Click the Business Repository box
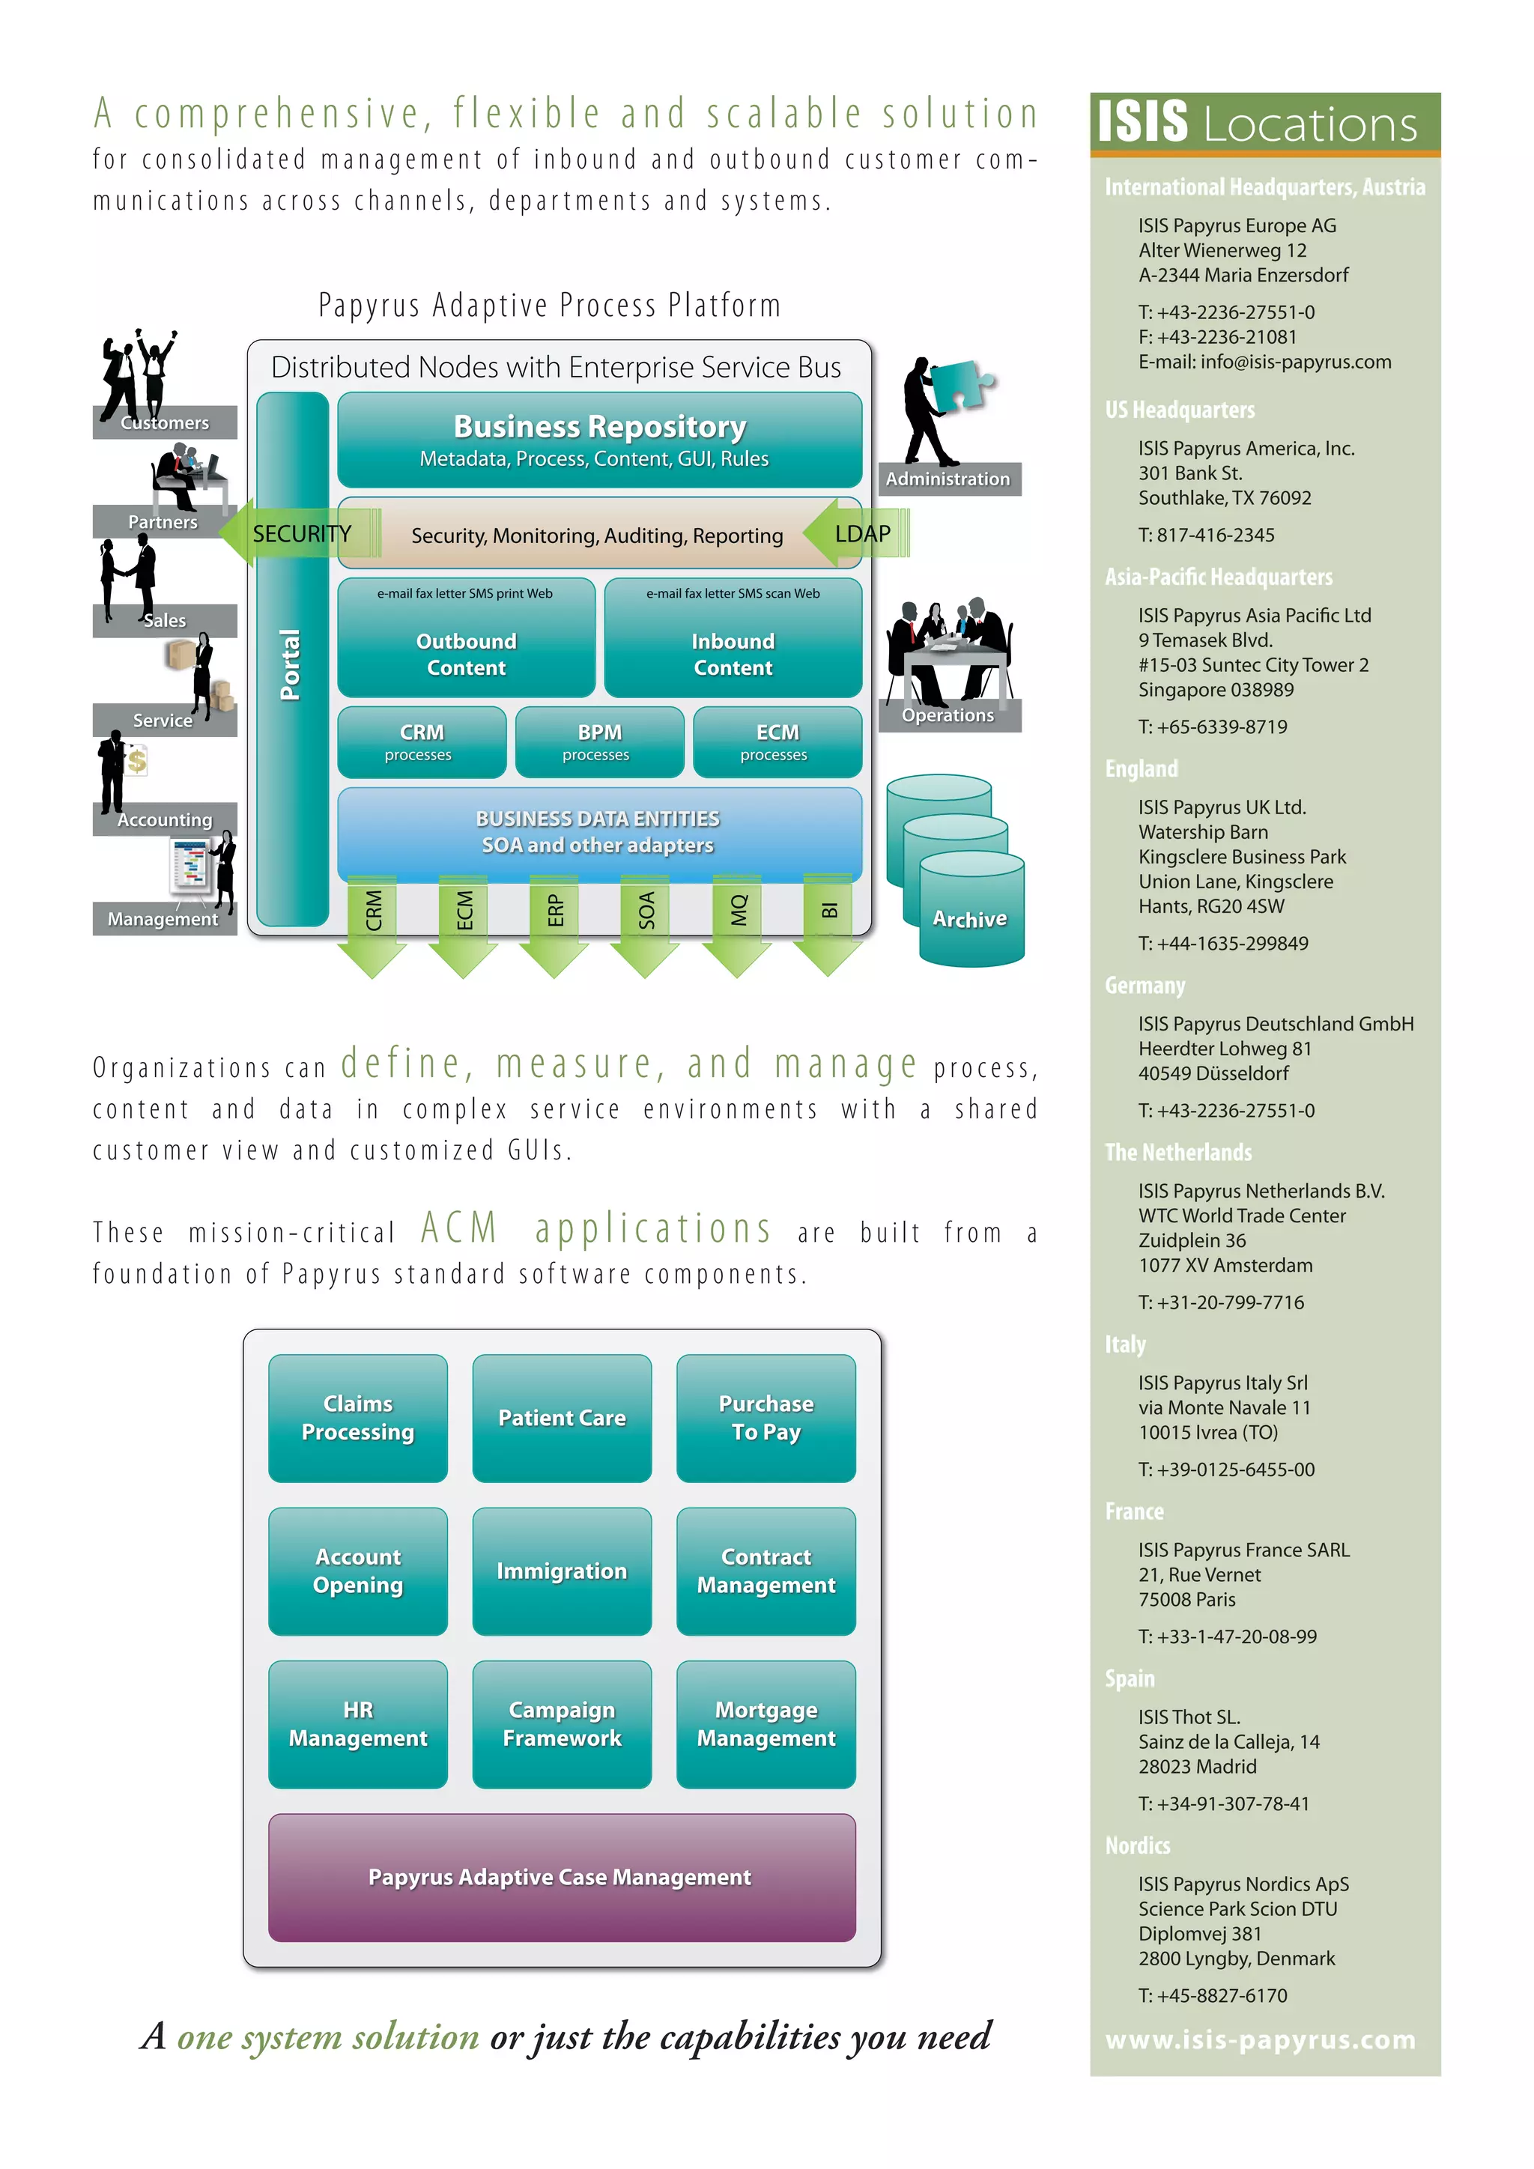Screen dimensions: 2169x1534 599,440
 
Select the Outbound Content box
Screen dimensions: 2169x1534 466,639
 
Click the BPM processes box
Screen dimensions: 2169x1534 599,741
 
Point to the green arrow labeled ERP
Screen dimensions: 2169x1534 554,926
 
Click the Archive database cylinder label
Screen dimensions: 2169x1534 969,918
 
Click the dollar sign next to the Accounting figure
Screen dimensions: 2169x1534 137,760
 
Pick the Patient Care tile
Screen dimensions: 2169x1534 561,1417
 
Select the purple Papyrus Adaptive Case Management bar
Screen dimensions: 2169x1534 561,1876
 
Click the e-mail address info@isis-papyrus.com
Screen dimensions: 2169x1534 1295,362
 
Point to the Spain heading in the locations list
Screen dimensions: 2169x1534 1130,1678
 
